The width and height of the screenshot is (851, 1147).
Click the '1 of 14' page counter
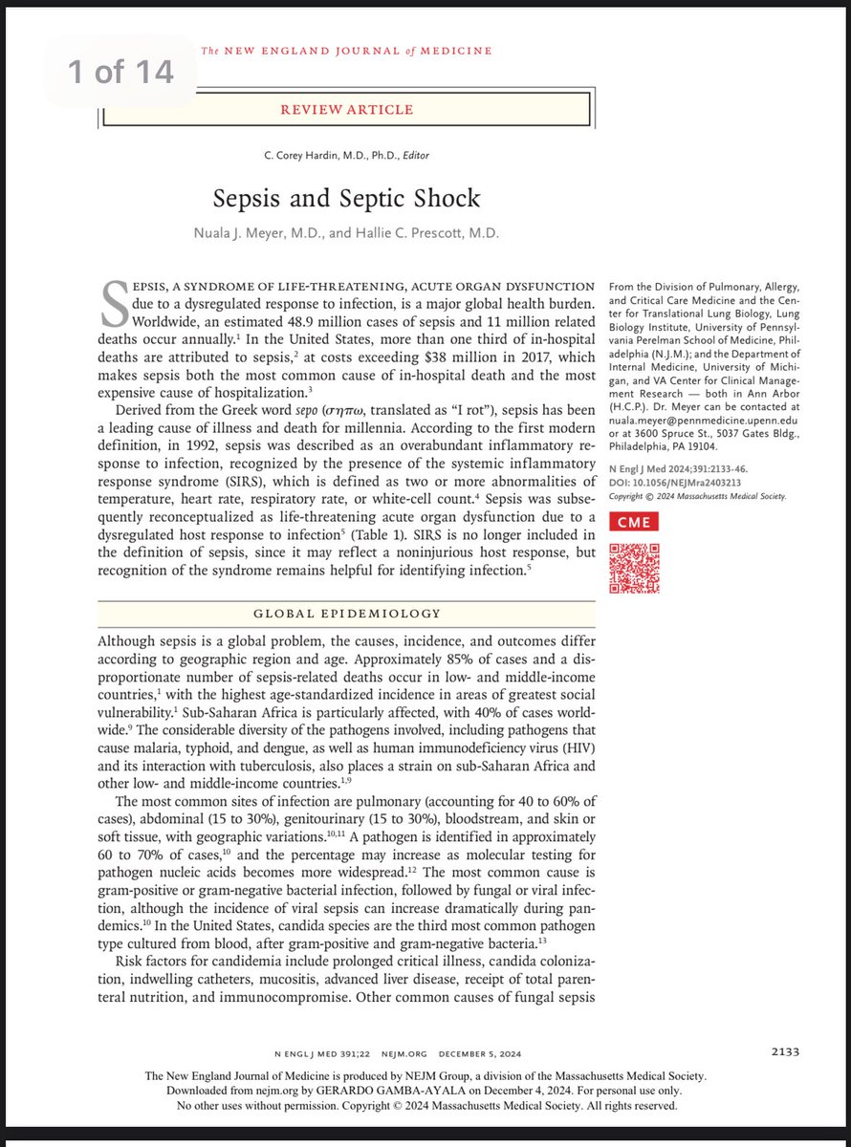[x=119, y=73]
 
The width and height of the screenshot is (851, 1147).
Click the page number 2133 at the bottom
[x=784, y=1051]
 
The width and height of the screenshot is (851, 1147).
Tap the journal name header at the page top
[x=346, y=50]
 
